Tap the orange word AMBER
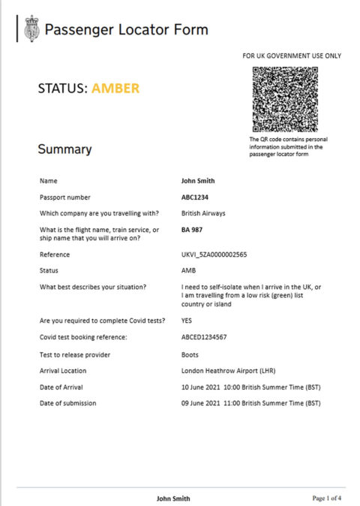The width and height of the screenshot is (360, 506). click(x=115, y=89)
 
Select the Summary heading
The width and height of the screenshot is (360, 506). click(x=64, y=149)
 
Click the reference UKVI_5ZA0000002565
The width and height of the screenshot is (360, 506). click(x=214, y=255)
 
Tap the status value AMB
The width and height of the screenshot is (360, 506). click(x=189, y=270)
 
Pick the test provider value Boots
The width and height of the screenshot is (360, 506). click(x=190, y=354)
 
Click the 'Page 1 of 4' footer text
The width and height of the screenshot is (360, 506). click(x=328, y=498)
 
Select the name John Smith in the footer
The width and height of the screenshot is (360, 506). click(x=172, y=498)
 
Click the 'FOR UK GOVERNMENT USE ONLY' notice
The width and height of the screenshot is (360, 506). click(x=291, y=56)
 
